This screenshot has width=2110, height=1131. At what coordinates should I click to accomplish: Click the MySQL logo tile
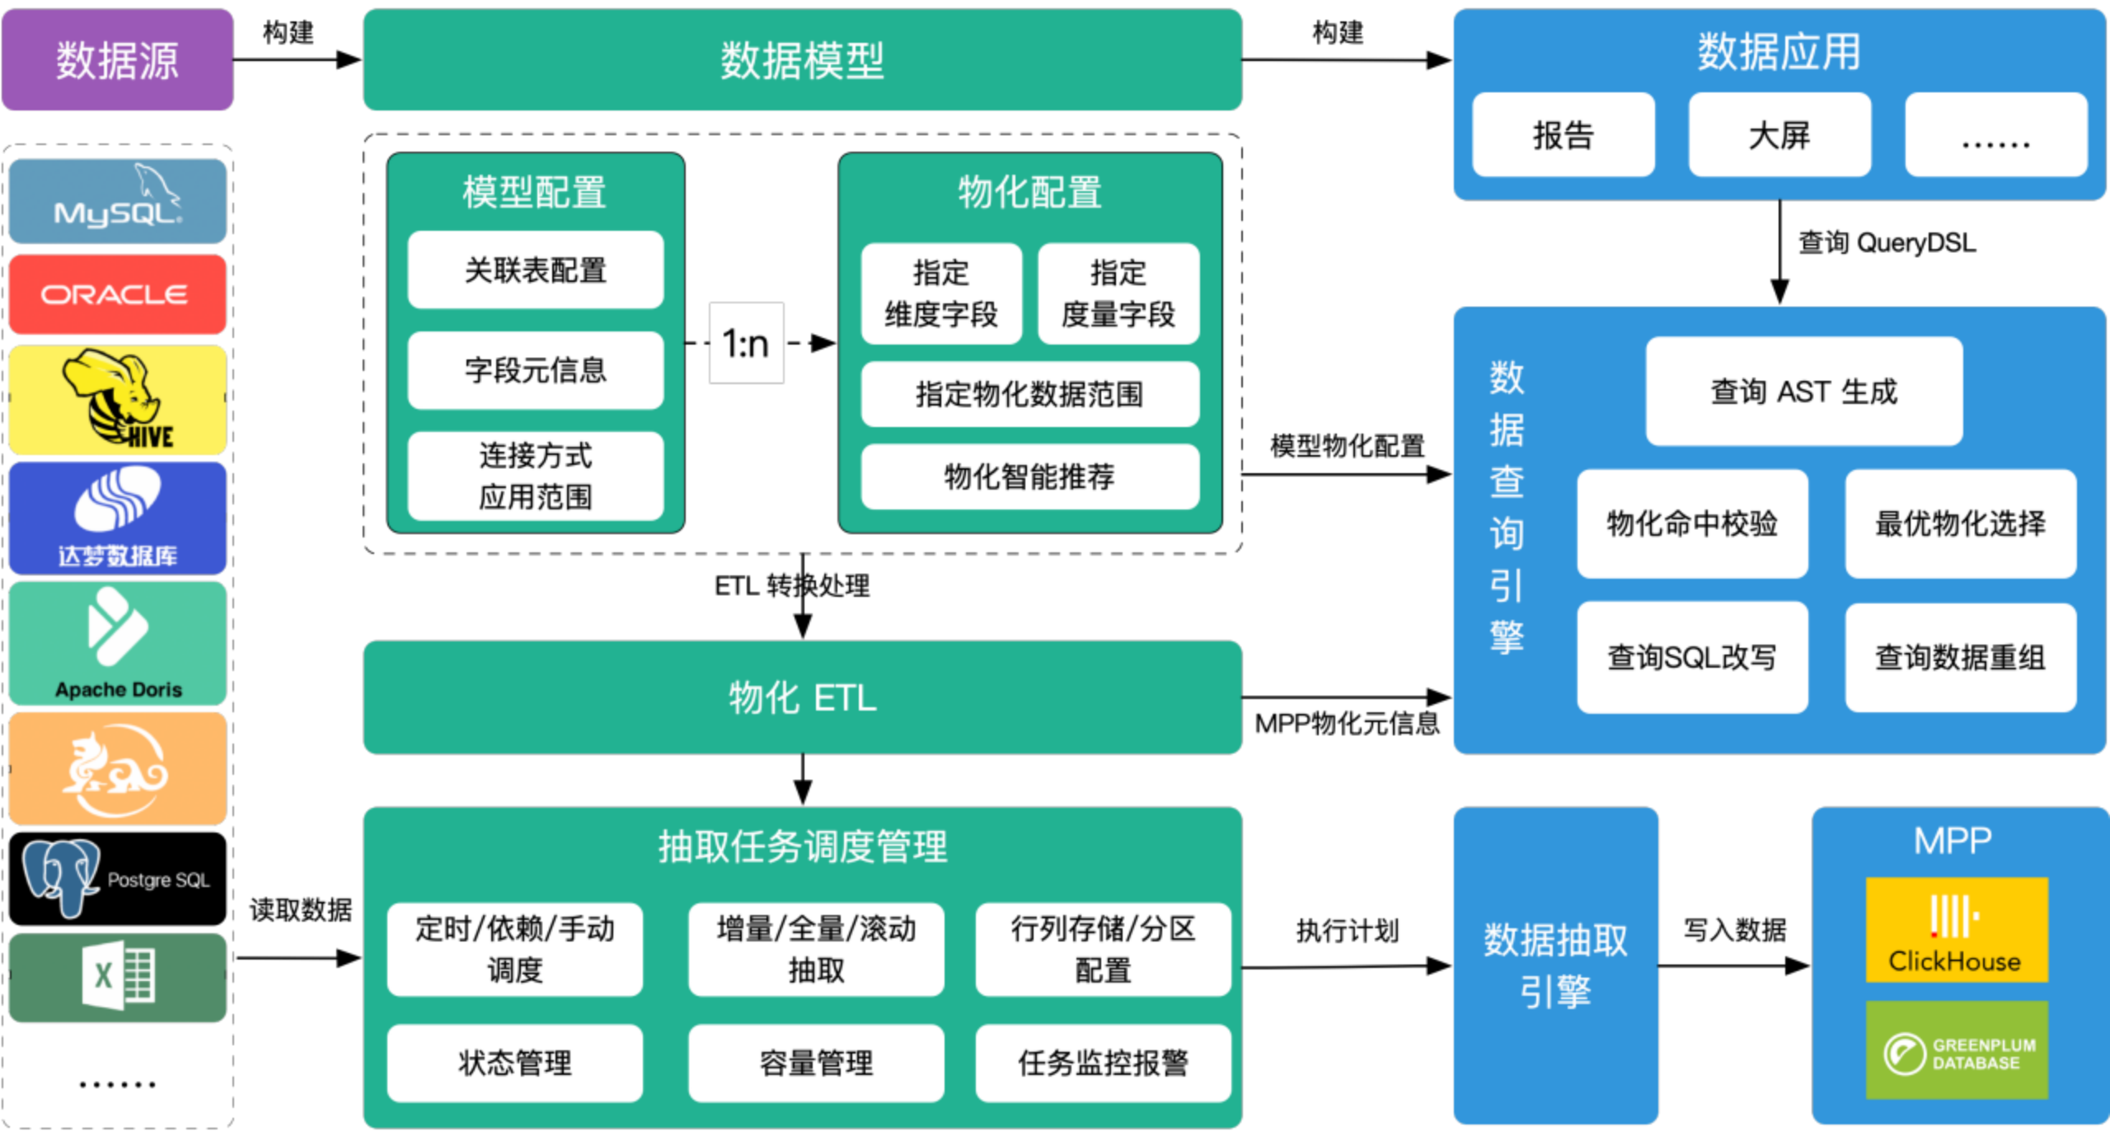pyautogui.click(x=117, y=201)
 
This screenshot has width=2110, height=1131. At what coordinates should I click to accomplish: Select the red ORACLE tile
pyautogui.click(x=117, y=294)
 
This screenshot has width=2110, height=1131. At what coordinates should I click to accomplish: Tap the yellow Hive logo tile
pyautogui.click(x=117, y=400)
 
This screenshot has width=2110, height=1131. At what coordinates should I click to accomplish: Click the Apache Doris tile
pyautogui.click(x=117, y=643)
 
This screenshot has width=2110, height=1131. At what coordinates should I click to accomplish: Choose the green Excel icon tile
pyautogui.click(x=117, y=977)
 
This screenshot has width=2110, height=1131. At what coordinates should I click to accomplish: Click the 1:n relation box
pyautogui.click(x=746, y=343)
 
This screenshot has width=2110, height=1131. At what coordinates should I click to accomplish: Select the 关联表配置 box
pyautogui.click(x=535, y=270)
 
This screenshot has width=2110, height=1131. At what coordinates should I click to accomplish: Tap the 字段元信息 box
pyautogui.click(x=535, y=370)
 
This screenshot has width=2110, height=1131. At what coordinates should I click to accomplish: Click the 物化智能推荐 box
pyautogui.click(x=1029, y=476)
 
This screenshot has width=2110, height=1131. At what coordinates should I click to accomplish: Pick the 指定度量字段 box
pyautogui.click(x=1118, y=293)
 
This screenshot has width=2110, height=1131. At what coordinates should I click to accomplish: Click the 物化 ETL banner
pyautogui.click(x=802, y=697)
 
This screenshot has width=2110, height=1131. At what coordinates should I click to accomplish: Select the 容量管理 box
pyautogui.click(x=816, y=1063)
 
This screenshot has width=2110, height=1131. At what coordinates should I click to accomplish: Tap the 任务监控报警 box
pyautogui.click(x=1103, y=1063)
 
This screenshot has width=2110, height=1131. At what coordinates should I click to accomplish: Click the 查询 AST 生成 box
pyautogui.click(x=1803, y=392)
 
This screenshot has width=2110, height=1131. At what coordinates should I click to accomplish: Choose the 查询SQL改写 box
pyautogui.click(x=1692, y=657)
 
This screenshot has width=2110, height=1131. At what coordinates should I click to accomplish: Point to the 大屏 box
pyautogui.click(x=1779, y=134)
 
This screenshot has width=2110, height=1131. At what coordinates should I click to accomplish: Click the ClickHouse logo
pyautogui.click(x=1957, y=929)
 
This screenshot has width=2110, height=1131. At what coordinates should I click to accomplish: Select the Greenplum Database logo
pyautogui.click(x=1957, y=1050)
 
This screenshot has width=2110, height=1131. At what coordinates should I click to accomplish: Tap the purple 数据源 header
pyautogui.click(x=117, y=60)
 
